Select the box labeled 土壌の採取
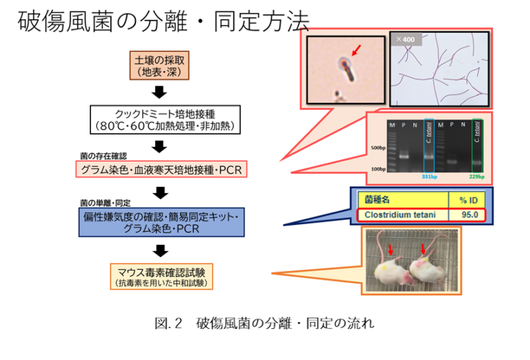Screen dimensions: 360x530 [x=159, y=66]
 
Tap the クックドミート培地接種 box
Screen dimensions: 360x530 [x=165, y=119]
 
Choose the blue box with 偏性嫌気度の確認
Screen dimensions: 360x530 [x=161, y=222]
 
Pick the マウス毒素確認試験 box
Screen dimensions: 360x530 [x=161, y=275]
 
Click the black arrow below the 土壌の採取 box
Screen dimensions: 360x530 [x=159, y=92]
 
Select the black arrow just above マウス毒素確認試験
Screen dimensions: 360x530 [x=160, y=250]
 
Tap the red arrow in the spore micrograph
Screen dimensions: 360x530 [x=355, y=50]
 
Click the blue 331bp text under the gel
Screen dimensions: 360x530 [x=429, y=177]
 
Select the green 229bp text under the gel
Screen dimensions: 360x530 [x=478, y=177]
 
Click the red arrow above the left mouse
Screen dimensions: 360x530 [x=391, y=248]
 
